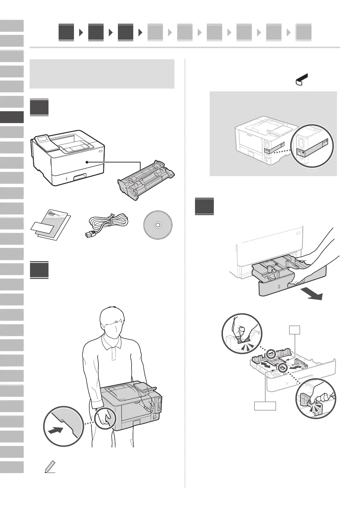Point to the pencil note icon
[x=50, y=467]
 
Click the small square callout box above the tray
[x=295, y=330]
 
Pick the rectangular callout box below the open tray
[x=265, y=406]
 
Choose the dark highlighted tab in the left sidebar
[x=12, y=117]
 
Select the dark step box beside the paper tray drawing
[x=204, y=206]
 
